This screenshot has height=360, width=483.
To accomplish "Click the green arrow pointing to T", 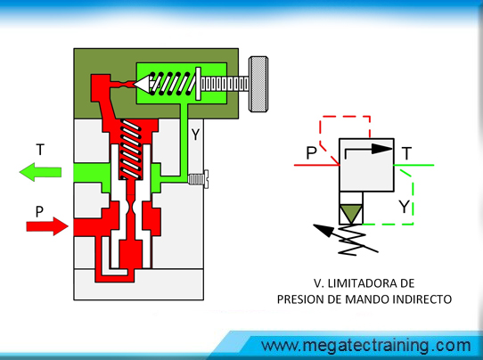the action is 40,172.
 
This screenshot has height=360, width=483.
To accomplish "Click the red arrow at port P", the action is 47,226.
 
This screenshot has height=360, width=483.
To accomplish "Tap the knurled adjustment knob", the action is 258,84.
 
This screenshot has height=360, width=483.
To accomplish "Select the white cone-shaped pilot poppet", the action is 142,84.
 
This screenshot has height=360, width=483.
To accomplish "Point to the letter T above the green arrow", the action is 40,150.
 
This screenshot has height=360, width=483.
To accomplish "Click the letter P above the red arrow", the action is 39,212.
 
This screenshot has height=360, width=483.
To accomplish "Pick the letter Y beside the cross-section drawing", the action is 195,135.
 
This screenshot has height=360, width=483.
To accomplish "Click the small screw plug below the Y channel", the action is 198,179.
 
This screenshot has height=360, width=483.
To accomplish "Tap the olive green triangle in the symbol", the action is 351,212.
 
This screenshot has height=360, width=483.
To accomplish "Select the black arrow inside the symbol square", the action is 369,150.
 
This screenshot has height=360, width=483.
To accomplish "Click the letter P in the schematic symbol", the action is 311,152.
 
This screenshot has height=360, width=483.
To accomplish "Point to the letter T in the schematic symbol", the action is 407,153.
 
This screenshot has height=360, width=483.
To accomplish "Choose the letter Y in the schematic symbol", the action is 404,207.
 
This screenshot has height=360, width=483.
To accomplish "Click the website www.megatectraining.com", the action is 366,346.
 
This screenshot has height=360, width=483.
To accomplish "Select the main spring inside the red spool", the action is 131,150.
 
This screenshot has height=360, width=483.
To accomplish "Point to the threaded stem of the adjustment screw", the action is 225,84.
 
